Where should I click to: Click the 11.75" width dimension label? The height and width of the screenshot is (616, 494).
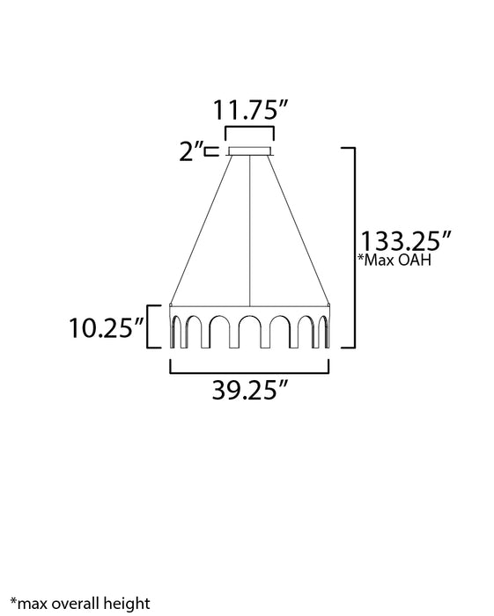tap(251, 112)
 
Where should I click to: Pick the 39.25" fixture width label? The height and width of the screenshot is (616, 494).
tap(251, 390)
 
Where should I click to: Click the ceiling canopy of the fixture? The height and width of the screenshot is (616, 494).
tap(251, 151)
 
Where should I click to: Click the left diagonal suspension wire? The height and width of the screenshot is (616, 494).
tap(203, 229)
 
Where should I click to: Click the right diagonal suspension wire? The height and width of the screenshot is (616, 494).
tap(299, 229)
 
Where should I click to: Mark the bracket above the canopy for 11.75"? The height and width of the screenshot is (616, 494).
tap(251, 132)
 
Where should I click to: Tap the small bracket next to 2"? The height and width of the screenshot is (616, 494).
tap(211, 152)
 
